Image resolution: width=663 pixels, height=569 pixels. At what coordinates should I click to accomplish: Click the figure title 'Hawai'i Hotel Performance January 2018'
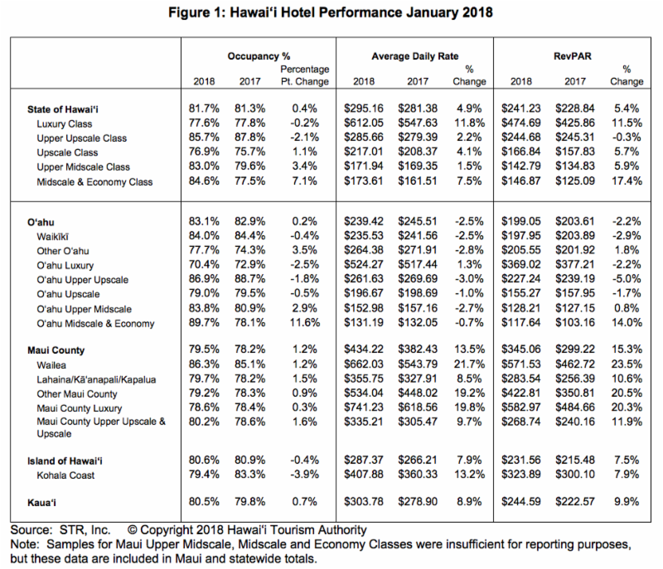coord(361,12)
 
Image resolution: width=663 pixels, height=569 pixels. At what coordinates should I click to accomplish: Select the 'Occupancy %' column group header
coord(259,56)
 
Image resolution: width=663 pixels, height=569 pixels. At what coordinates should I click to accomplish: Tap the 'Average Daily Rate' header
coord(415,56)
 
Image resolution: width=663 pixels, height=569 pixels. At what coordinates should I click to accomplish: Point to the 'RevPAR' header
coord(573,56)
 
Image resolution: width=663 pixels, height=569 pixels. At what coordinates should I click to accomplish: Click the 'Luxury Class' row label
coord(65,124)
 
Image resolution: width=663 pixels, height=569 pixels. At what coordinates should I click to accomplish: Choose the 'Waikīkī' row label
coord(52,237)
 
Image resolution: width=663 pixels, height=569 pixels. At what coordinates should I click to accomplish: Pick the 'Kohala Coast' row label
coord(65,475)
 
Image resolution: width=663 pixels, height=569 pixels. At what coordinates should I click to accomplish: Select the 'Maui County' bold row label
coord(56,350)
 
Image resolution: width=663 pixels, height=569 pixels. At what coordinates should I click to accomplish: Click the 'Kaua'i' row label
coord(41,503)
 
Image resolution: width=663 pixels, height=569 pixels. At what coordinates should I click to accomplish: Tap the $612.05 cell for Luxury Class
coord(364,123)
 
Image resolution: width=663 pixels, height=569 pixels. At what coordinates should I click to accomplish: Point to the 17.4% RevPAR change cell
coord(627,181)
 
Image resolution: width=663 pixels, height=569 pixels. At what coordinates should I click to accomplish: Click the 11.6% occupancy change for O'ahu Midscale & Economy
coord(305,323)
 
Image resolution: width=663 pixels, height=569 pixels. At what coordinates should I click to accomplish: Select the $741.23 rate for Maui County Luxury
coord(364,407)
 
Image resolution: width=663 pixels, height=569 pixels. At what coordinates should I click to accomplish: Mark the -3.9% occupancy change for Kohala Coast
coord(304,475)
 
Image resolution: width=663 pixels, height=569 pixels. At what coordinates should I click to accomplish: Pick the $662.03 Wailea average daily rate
coord(364,364)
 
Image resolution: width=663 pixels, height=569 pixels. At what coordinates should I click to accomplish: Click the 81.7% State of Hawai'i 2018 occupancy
coord(204,109)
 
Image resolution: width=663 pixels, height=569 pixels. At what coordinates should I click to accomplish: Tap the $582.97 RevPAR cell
coord(521,407)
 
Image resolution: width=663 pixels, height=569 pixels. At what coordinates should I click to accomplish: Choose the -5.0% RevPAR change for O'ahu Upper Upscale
coord(627,279)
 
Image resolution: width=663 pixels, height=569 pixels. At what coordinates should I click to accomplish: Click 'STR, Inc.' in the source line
coord(85,530)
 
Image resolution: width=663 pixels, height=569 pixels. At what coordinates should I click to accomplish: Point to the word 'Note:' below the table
coord(25,544)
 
